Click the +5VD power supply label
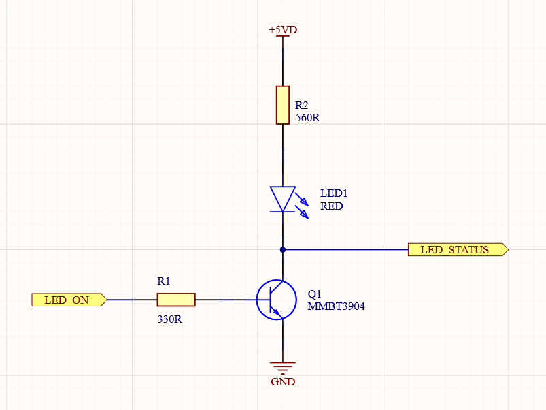coord(283,31)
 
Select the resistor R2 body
coord(283,105)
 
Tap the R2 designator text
coord(302,106)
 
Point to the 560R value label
coord(307,118)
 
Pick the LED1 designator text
coord(334,193)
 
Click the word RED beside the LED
coord(332,206)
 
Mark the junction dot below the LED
coord(283,249)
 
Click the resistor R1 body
coord(176,300)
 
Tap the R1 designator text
coord(163,281)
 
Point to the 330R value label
coord(169,319)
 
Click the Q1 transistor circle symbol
coord(277,300)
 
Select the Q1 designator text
coord(314,294)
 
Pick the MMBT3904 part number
coord(336,306)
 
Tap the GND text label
coord(283,382)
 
